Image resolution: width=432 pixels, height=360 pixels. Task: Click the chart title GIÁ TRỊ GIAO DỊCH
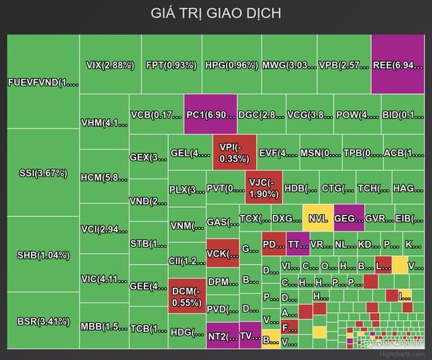216,14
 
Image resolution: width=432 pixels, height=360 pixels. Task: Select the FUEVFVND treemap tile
43,82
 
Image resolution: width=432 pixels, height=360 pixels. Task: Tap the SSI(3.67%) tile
43,173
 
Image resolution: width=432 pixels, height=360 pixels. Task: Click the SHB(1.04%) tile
43,255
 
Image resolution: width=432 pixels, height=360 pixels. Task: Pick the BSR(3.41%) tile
43,320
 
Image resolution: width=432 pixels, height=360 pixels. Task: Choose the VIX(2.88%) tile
110,66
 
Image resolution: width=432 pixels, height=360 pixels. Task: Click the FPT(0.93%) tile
171,66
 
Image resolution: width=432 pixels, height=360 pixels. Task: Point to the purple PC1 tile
210,114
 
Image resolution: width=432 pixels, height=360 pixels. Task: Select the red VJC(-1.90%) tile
263,188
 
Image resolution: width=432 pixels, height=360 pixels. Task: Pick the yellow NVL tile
317,218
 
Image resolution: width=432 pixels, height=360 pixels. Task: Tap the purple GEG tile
348,218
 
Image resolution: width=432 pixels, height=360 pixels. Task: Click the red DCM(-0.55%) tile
186,297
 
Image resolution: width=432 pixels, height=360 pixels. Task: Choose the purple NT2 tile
222,336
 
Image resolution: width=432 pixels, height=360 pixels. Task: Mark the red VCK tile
222,254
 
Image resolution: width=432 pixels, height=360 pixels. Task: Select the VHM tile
103,122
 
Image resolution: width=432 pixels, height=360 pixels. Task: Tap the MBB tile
103,327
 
